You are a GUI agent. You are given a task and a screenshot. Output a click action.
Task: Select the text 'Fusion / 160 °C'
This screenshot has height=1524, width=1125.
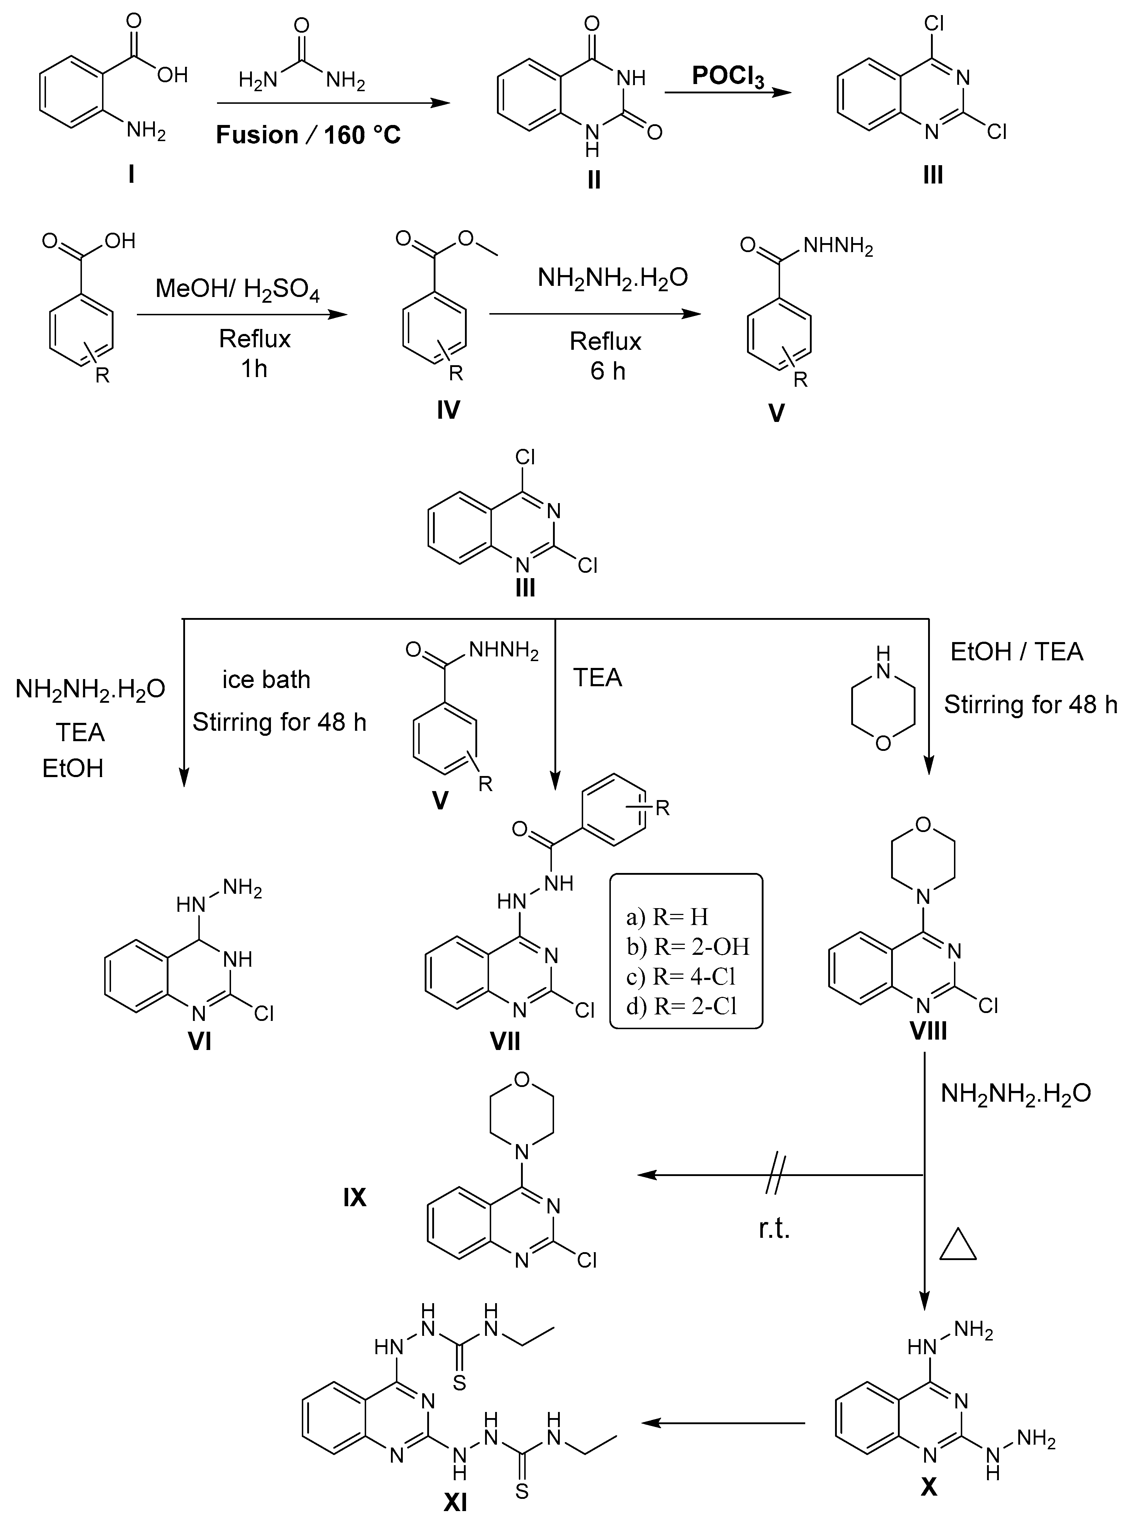(308, 135)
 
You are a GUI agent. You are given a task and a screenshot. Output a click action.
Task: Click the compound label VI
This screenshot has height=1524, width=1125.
(199, 1041)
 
